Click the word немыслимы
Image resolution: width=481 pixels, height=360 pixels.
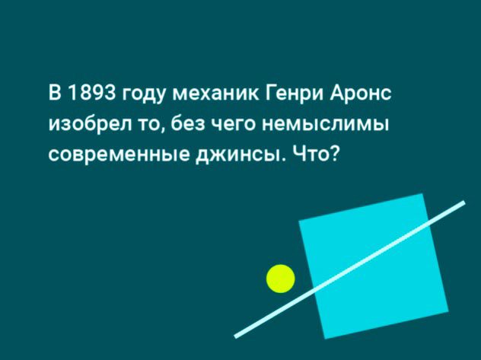325,125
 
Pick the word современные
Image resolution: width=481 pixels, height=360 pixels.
119,156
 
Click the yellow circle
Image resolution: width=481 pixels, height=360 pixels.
281,279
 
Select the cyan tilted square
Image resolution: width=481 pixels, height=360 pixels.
374,266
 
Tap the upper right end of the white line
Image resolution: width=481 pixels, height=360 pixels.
464,202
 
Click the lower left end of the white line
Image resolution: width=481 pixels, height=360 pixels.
236,336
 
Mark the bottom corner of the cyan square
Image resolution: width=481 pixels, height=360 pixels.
325,339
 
